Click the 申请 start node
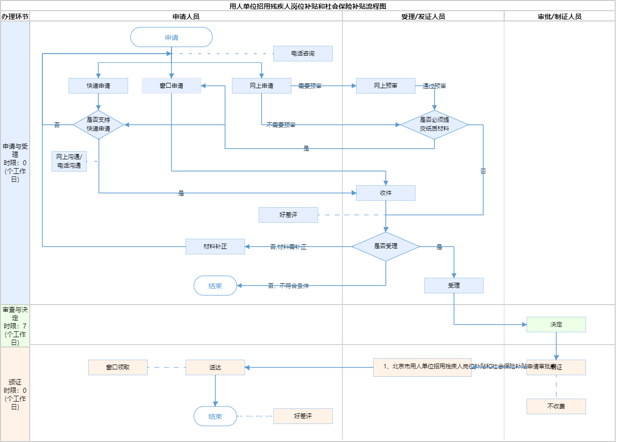point(171,37)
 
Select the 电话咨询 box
point(303,54)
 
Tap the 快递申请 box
point(98,86)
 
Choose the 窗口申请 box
point(171,86)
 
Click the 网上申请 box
point(262,86)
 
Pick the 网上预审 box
point(386,86)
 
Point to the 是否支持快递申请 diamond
point(98,125)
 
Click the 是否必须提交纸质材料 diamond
point(435,125)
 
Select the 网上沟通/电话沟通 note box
point(69,161)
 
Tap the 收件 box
point(386,193)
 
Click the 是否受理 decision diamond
point(386,247)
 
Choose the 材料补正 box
point(215,247)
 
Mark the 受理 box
point(454,286)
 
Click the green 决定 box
point(556,325)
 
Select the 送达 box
point(215,367)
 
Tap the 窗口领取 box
point(118,367)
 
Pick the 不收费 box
point(556,406)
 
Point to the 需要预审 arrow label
point(310,86)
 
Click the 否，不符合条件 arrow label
point(288,286)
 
